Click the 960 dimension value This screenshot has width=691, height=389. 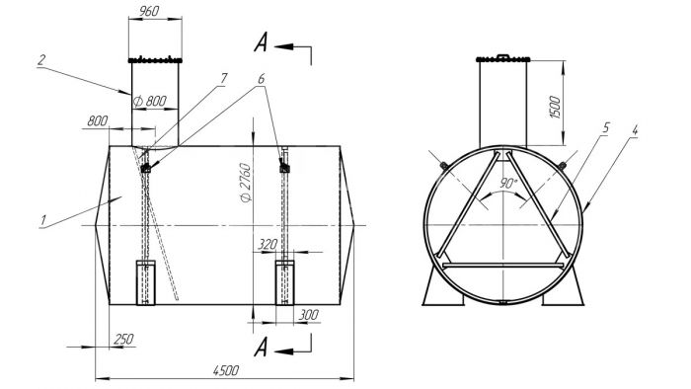tap(149, 11)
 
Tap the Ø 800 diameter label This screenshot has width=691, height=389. tap(150, 102)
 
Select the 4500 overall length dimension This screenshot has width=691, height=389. tap(226, 370)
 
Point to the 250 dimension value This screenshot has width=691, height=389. tap(123, 340)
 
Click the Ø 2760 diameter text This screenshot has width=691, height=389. tap(246, 183)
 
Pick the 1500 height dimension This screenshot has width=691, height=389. tap(555, 107)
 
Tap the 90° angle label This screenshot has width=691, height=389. tap(508, 183)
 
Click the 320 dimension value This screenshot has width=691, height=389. tap(268, 244)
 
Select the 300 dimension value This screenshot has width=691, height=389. tap(308, 315)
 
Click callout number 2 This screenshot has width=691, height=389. tap(41, 60)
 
